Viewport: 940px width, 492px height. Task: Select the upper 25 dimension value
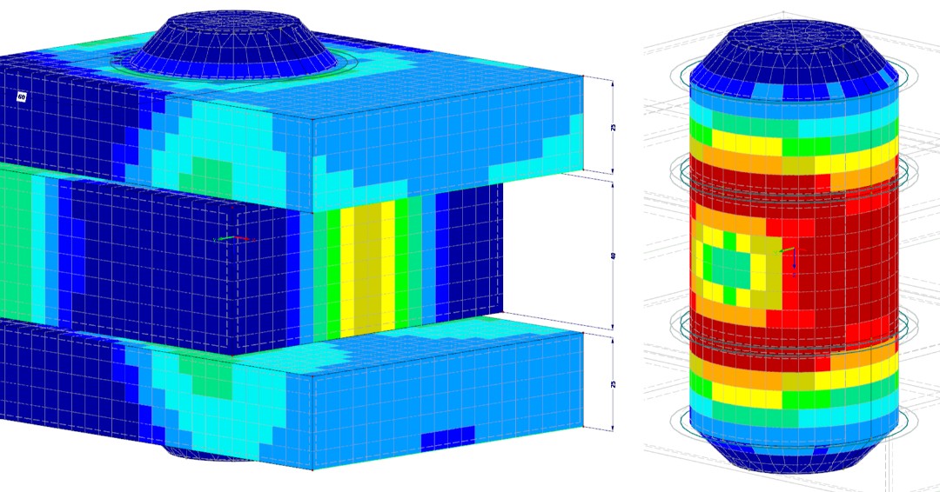[613, 127]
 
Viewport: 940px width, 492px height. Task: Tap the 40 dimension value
[613, 257]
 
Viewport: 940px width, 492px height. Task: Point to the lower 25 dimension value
[613, 383]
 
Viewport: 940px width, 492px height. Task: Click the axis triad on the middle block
[232, 240]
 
